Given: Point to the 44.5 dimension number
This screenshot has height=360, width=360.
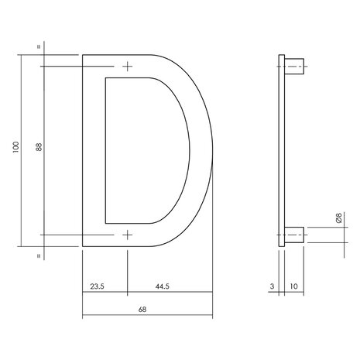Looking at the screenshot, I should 161,286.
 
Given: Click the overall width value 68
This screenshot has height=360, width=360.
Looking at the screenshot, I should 142,309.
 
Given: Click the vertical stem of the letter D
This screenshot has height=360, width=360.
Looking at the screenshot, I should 93,150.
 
